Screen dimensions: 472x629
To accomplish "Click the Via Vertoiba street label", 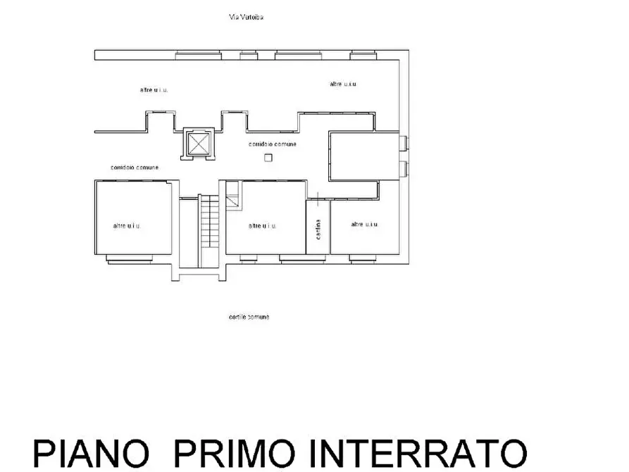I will pos(246,17).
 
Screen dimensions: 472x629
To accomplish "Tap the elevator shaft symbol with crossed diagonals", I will pos(198,144).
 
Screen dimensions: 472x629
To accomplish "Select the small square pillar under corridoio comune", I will pos(268,158).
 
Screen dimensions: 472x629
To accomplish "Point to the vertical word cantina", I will pos(318,230).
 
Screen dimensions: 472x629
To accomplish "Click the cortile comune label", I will pos(249,317).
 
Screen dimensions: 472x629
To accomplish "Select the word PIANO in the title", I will pos(91,452).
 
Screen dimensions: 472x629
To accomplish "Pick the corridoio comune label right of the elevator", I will pos(273,144).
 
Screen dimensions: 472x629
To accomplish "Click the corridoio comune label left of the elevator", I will pos(135,168).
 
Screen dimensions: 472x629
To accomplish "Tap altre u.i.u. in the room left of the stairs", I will pos(127,226).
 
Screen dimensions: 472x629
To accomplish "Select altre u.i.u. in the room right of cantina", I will pos(364,224).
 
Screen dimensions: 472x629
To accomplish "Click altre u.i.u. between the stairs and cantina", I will pos(263,226).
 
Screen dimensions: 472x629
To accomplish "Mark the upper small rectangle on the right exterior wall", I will pos(404,143).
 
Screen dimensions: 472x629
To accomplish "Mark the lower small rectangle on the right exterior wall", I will pos(404,169).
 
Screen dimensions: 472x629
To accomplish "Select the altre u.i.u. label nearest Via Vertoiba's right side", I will pos(343,84).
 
